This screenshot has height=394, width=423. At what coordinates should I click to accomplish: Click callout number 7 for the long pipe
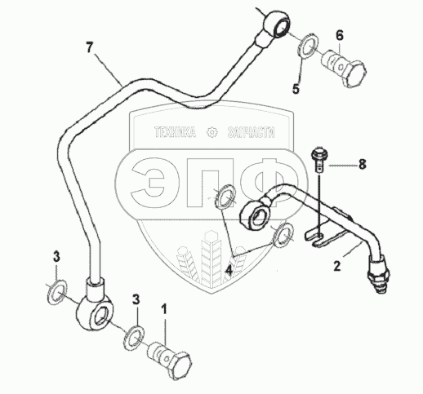(x=90, y=48)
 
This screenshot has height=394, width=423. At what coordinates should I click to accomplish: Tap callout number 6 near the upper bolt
(x=340, y=35)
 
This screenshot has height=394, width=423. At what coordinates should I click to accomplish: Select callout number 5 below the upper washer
(x=296, y=89)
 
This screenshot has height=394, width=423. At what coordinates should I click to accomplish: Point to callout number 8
(x=362, y=165)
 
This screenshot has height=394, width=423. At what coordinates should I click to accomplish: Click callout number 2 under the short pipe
(x=337, y=266)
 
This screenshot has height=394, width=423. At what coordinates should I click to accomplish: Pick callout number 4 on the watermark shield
(x=229, y=271)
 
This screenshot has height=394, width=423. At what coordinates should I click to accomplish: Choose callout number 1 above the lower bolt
(x=164, y=310)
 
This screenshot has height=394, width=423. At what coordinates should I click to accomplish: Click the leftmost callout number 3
(x=56, y=257)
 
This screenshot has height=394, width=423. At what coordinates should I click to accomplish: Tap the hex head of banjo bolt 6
(x=354, y=74)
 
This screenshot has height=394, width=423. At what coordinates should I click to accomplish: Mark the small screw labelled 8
(x=319, y=160)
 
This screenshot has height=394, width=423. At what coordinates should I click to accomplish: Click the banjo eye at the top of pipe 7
(x=277, y=24)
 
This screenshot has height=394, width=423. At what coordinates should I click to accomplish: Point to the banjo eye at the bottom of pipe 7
(x=94, y=312)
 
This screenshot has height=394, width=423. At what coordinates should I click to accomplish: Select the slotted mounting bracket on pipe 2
(x=325, y=233)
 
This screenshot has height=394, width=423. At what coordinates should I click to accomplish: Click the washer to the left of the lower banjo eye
(x=57, y=291)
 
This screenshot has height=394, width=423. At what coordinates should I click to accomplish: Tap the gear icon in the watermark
(x=212, y=132)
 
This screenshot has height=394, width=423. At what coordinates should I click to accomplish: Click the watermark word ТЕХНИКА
(x=175, y=132)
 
